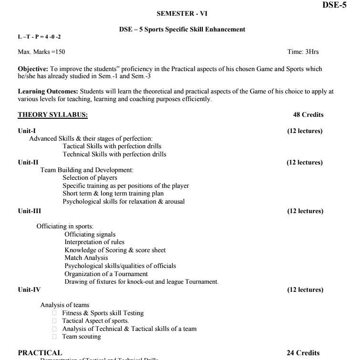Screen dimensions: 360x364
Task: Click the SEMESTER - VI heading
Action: [x=182, y=13]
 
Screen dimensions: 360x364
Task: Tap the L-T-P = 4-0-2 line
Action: [x=40, y=37]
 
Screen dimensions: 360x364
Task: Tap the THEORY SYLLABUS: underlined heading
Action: [x=52, y=114]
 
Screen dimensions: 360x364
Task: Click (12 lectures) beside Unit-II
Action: [x=304, y=163]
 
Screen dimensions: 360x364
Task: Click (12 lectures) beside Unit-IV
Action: [x=305, y=289]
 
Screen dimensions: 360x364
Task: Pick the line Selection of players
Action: [x=90, y=178]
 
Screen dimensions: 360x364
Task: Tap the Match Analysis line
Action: [x=86, y=258]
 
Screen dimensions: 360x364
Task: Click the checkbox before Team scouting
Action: [x=54, y=337]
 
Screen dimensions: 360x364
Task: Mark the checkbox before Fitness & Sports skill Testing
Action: [x=54, y=313]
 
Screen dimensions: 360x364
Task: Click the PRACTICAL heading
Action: [x=40, y=352]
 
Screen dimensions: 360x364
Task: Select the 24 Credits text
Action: [x=303, y=353]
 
